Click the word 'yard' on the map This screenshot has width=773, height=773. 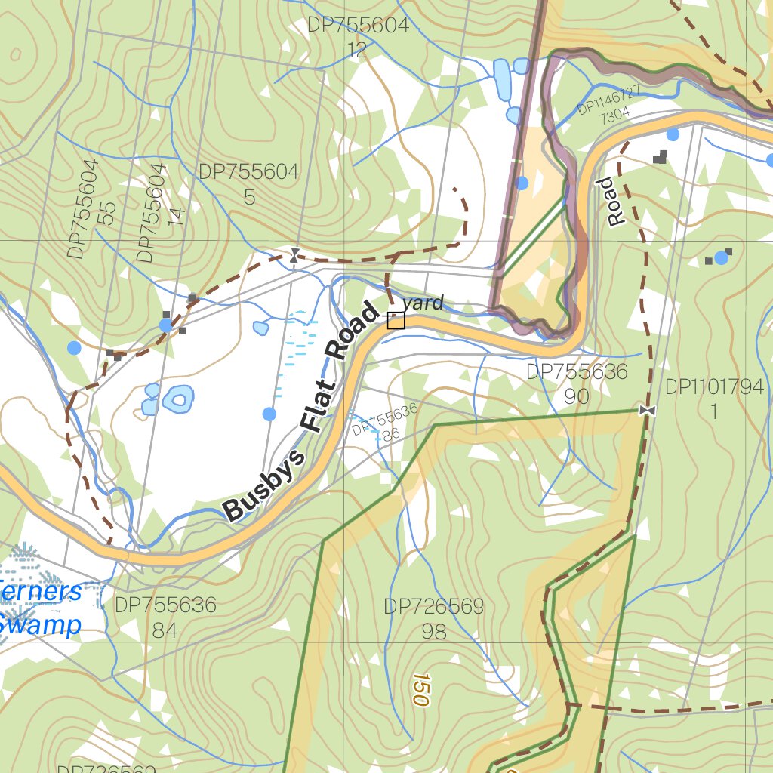[x=423, y=303]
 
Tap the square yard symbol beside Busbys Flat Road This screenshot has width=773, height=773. [x=396, y=321]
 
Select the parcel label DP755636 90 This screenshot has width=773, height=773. [x=577, y=383]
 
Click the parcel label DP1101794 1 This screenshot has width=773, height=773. [x=714, y=399]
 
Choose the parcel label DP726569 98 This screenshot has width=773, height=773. [x=433, y=619]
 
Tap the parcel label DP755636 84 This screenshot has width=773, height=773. [x=165, y=617]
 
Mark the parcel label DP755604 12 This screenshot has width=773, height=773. [x=358, y=37]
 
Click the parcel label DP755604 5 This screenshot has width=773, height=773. [x=249, y=184]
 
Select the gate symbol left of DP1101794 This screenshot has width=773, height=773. [x=646, y=410]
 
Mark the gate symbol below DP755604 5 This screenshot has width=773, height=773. [x=294, y=256]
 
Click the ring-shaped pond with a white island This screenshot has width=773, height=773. [x=179, y=398]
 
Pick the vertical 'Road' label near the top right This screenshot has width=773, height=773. [x=615, y=202]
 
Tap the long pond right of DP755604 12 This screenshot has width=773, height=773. [x=501, y=78]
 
